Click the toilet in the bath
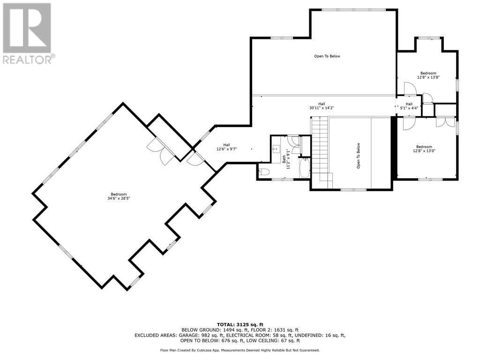click(264, 172)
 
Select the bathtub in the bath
click(305, 168)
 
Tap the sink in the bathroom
click(277, 149)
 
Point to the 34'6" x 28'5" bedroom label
click(119, 196)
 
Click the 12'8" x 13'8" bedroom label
click(428, 75)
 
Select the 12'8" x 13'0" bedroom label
click(424, 149)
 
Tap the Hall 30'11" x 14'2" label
click(322, 106)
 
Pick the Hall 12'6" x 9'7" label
click(226, 147)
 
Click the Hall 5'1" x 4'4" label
click(409, 106)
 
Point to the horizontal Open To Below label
click(327, 56)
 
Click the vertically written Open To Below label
click(358, 156)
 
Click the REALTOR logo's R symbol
click(27, 28)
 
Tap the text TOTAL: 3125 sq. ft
click(240, 324)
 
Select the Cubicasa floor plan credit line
click(240, 350)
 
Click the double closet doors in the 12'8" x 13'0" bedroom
click(446, 122)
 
